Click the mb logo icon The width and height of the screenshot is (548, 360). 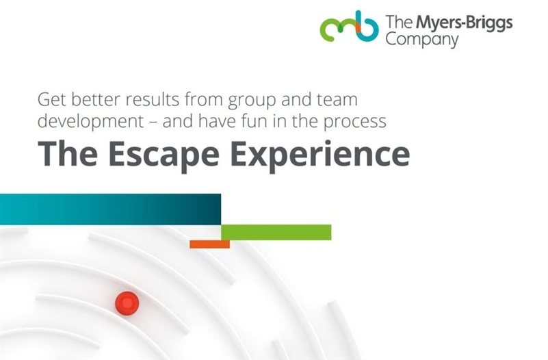[350, 27]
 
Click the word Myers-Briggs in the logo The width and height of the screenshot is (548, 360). [464, 23]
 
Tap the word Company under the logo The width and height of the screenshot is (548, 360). [422, 40]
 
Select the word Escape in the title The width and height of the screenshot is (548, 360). [164, 155]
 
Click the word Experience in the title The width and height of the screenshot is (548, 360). [319, 155]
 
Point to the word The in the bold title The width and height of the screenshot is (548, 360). [68, 153]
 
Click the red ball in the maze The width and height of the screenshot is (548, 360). [127, 303]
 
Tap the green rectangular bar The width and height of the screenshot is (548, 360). [276, 232]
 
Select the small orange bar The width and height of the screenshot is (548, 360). [210, 244]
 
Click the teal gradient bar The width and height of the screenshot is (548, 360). [110, 209]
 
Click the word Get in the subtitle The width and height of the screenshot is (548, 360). [52, 100]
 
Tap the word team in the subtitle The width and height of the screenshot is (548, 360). [337, 100]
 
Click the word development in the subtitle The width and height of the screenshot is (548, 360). [90, 122]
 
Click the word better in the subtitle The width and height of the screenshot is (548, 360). [96, 100]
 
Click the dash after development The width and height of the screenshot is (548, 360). [153, 123]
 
